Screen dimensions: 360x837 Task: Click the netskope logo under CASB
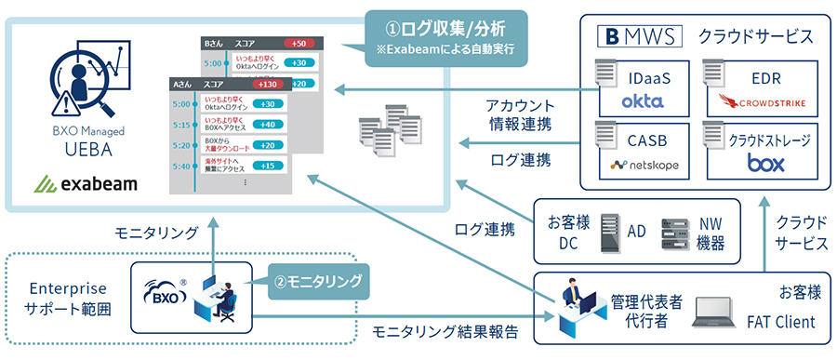coord(644,165)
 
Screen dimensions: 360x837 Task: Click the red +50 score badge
coord(299,44)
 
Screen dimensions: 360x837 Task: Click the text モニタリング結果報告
coord(431,330)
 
